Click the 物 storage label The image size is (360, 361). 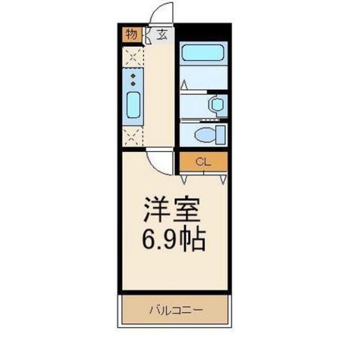(x=131, y=34)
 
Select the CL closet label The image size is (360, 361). (x=203, y=162)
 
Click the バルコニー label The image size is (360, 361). (x=175, y=310)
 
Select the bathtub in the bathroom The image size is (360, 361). (x=203, y=54)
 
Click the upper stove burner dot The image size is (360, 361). (x=134, y=75)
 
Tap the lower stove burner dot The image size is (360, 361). (x=134, y=83)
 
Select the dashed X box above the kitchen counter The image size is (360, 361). (x=134, y=56)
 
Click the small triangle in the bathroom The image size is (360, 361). (x=184, y=86)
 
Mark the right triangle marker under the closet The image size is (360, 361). (x=224, y=180)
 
